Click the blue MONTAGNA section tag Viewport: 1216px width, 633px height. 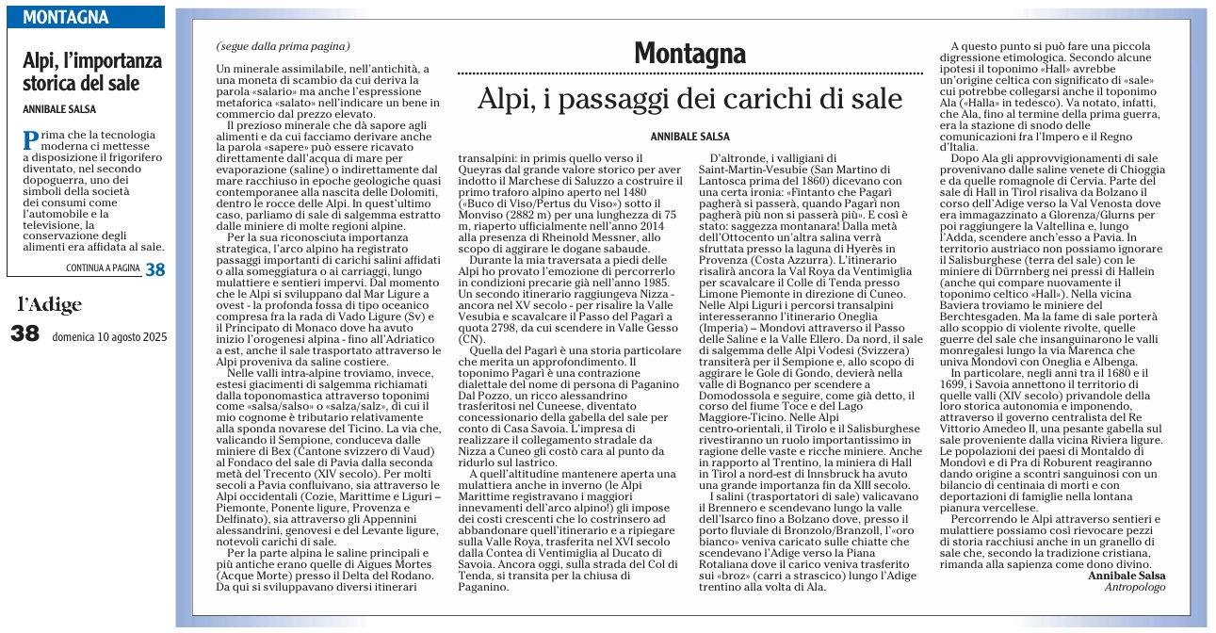pos(65,17)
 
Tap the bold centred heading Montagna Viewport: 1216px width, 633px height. pos(690,53)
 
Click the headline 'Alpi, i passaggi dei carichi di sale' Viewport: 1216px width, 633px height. pos(689,99)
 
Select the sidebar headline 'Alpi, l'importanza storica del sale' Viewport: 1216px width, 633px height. pos(92,72)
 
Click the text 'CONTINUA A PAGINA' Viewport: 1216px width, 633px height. pos(103,268)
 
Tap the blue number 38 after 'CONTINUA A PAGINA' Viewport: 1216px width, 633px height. pos(154,269)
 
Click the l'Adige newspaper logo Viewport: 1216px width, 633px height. pos(50,304)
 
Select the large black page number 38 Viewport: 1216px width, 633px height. pos(25,334)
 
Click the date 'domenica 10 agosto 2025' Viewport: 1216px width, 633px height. pos(109,336)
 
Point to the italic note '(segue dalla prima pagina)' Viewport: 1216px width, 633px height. pos(283,46)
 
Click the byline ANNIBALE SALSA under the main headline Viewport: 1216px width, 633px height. pos(690,137)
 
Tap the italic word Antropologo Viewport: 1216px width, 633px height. pos(1137,587)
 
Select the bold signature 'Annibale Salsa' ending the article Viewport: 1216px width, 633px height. pos(1127,575)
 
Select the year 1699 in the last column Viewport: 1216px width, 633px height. pos(966,412)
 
